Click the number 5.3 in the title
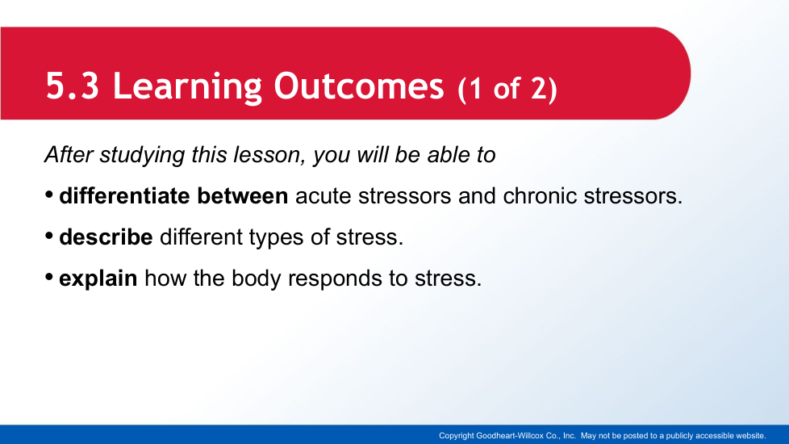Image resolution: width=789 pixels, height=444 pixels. tap(73, 86)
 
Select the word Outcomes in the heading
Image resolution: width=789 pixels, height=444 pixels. tap(359, 86)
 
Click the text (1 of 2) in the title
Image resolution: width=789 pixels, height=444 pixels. tap(507, 89)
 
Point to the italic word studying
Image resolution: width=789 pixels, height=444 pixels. tap(142, 155)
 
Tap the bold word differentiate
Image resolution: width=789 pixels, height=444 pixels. tap(124, 196)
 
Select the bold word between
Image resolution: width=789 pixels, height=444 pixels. tap(243, 196)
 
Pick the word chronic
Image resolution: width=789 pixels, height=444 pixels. tap(540, 196)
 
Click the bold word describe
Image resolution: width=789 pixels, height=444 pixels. tap(106, 237)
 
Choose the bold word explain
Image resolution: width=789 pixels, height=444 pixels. tap(98, 279)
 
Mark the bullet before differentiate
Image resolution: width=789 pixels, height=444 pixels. tap(49, 195)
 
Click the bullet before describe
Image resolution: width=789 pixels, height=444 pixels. tap(49, 236)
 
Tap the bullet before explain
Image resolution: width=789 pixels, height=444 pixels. tap(49, 277)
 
